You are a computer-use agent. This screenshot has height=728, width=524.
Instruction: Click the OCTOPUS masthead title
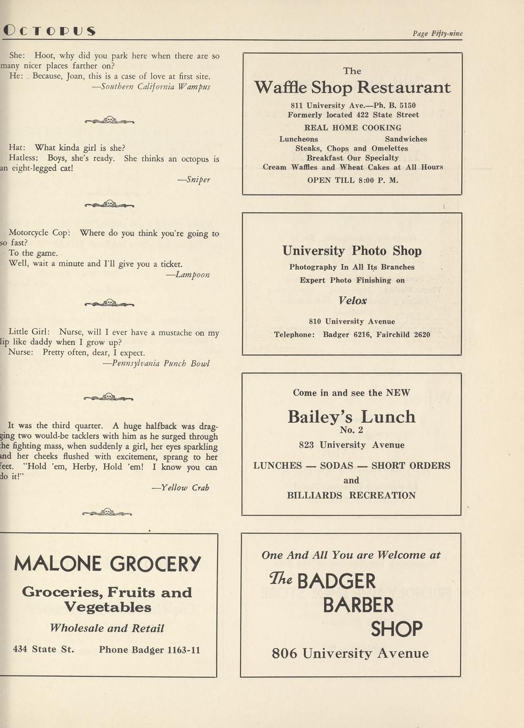point(49,31)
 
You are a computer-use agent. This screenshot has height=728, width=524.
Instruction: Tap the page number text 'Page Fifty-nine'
point(437,33)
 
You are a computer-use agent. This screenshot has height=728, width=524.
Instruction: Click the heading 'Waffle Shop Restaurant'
point(352,87)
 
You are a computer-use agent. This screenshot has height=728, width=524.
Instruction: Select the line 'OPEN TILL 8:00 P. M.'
point(352,180)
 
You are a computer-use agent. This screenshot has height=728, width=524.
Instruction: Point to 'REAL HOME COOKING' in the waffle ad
point(352,128)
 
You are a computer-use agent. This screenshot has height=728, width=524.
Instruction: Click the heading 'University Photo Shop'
point(352,251)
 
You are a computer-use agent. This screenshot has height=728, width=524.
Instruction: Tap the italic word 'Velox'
point(352,300)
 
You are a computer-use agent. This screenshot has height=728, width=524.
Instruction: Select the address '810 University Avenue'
point(352,321)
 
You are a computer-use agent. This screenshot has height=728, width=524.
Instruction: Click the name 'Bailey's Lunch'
point(351,417)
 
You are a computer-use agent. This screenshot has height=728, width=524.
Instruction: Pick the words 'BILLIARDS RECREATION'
point(351,495)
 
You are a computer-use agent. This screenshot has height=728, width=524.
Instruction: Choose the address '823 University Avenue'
point(351,445)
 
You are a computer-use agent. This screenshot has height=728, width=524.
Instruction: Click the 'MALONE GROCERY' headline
point(107,564)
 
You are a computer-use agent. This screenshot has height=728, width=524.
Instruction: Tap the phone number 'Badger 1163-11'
point(165,649)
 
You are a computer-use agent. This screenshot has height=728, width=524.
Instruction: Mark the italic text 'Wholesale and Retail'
point(107,628)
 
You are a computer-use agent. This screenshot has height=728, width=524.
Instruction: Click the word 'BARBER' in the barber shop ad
point(358,605)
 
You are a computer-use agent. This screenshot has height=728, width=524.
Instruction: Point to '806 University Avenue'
point(350,654)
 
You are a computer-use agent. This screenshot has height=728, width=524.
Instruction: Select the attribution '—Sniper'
point(194,179)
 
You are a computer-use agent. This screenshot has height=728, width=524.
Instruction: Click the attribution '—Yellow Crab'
point(181,488)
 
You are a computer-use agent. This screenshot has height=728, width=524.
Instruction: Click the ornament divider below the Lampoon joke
point(109,303)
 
